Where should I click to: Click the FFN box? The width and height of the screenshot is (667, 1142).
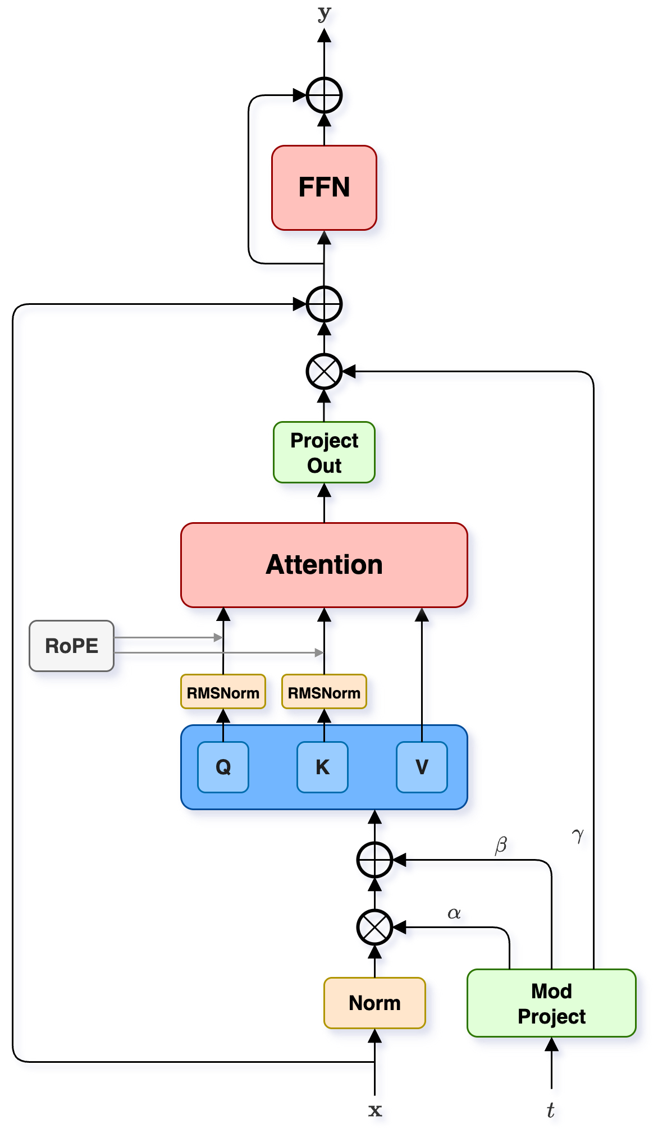[x=324, y=188]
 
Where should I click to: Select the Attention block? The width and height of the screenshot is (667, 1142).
[x=324, y=565]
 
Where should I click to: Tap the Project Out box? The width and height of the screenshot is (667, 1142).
[x=324, y=453]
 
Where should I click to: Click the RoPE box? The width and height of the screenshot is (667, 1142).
[x=71, y=646]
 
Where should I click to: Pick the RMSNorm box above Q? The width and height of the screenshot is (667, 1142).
[x=223, y=693]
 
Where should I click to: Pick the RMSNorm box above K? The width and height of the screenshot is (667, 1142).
[x=324, y=693]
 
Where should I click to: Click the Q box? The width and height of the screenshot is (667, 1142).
[x=223, y=767]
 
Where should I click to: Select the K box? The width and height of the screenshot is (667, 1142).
[x=322, y=767]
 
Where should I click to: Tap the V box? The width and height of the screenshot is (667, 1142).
[x=422, y=767]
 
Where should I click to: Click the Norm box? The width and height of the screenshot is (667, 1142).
[x=374, y=1003]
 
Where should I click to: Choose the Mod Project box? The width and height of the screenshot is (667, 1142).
[x=551, y=1003]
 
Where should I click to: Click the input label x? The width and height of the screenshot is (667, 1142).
[x=375, y=1110]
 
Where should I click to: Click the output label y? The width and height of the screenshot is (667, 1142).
[x=324, y=14]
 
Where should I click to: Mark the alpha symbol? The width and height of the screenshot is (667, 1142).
[x=454, y=913]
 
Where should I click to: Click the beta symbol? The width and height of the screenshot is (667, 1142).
[x=502, y=844]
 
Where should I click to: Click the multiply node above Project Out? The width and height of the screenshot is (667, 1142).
[x=324, y=371]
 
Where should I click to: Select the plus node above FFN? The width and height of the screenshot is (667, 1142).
[x=324, y=95]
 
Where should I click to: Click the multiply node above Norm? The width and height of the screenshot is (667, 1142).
[x=374, y=928]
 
